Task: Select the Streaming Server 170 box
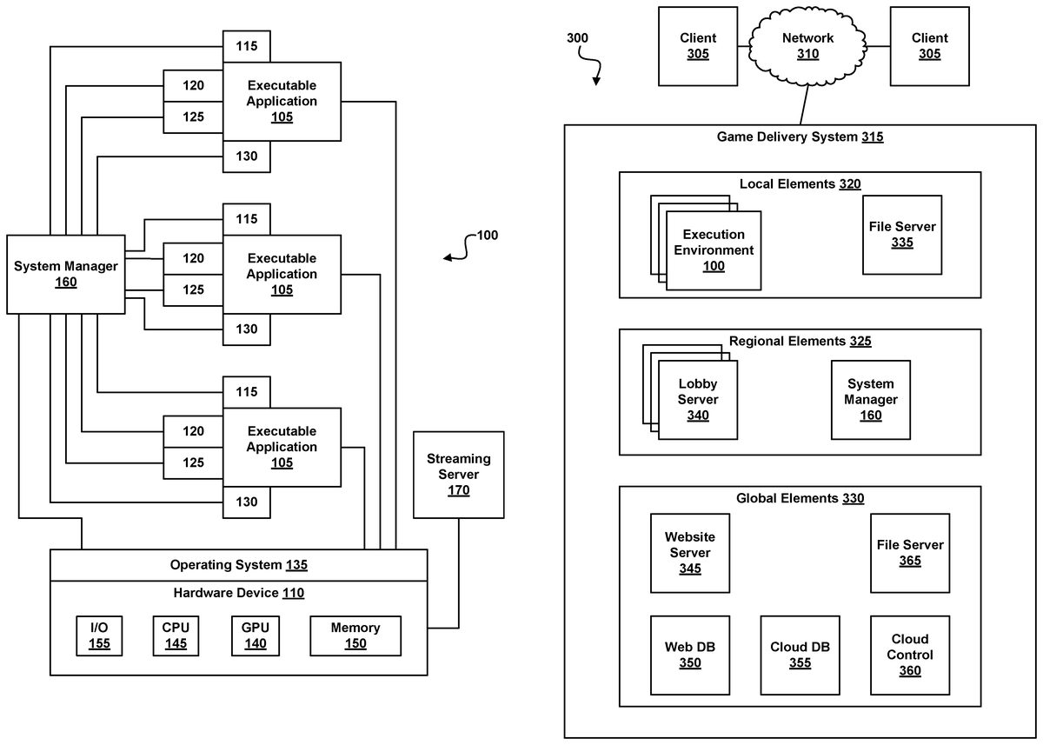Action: point(458,474)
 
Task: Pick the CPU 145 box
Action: point(175,635)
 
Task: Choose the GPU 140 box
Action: point(255,635)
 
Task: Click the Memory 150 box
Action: point(355,635)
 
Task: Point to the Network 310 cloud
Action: point(807,45)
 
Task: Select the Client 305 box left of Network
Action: point(698,45)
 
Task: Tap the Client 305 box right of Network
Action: point(929,45)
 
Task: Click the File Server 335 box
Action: point(901,234)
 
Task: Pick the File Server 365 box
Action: point(910,552)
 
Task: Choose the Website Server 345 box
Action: point(689,552)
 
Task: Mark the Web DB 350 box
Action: point(689,655)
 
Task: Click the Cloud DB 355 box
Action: point(799,655)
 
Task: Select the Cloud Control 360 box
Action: point(910,655)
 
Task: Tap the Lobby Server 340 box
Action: point(698,399)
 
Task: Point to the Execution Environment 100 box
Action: point(714,249)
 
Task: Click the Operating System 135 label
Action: point(238,565)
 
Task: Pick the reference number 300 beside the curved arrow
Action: point(576,38)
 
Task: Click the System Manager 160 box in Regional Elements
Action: point(870,399)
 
